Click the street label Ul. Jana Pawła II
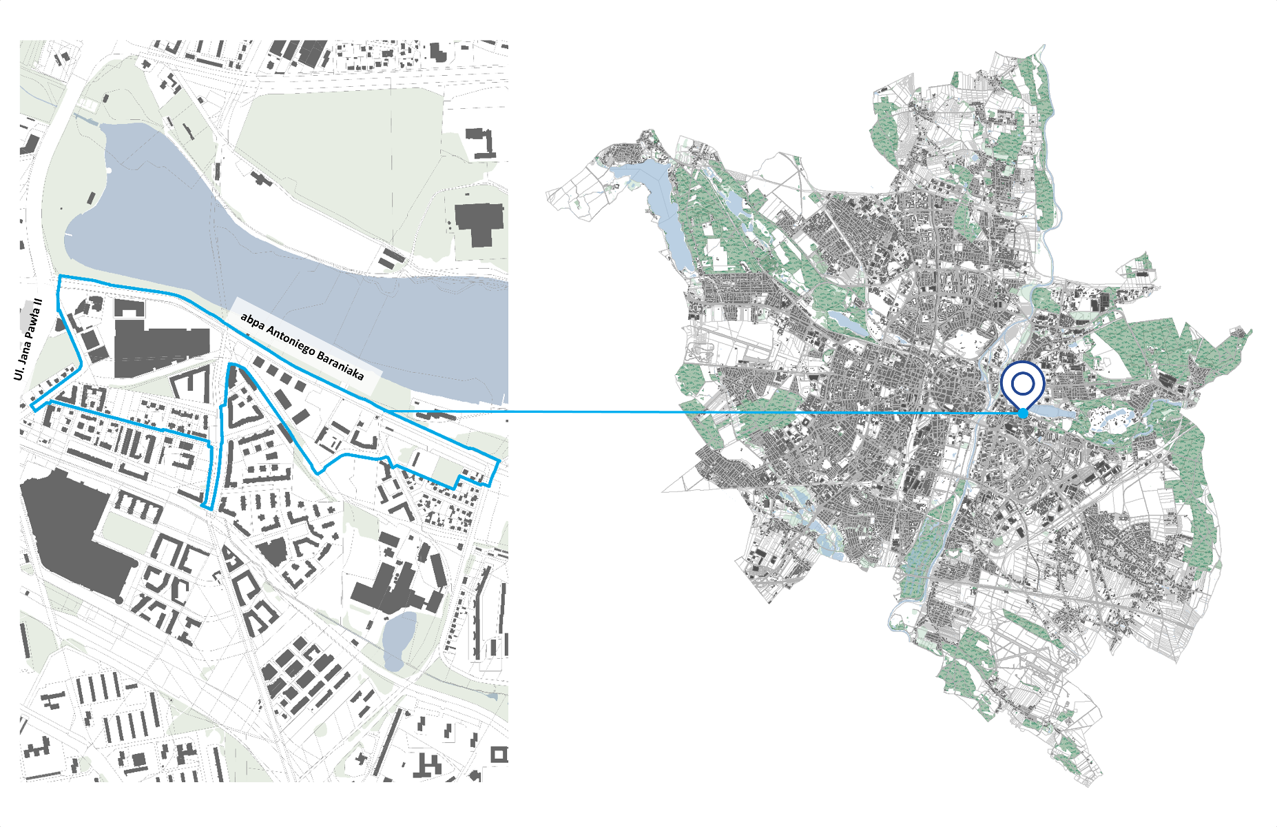[28, 339]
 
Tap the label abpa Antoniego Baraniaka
[302, 347]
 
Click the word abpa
[252, 323]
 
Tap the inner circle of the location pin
[1023, 382]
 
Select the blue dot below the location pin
[1024, 413]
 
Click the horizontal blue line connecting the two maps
[689, 412]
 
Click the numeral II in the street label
[38, 303]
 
